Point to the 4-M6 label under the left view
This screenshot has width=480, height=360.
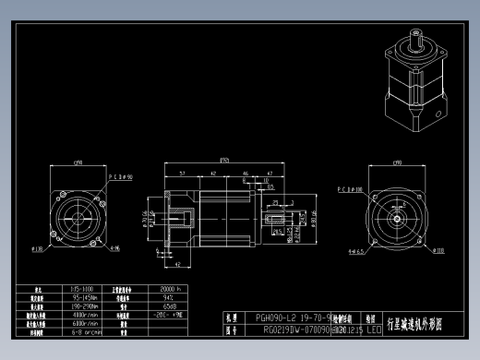[x=114, y=248]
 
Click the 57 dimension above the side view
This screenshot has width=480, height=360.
[x=183, y=173]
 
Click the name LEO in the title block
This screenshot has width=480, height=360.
[x=373, y=328]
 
